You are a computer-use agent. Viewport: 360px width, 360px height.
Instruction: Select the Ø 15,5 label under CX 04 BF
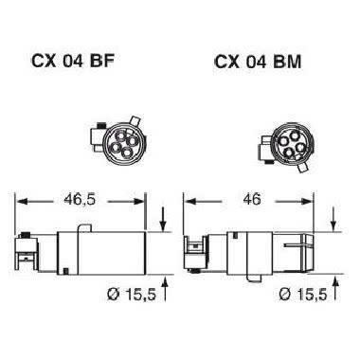point(123,296)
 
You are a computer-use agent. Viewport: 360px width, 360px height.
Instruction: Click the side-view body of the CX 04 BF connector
point(99,252)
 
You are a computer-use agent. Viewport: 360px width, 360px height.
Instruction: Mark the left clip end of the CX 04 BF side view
point(24,250)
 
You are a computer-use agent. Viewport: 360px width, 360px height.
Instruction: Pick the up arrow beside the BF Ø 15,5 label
point(163,282)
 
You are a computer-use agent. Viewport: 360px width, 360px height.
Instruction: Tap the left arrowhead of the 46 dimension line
point(188,202)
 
